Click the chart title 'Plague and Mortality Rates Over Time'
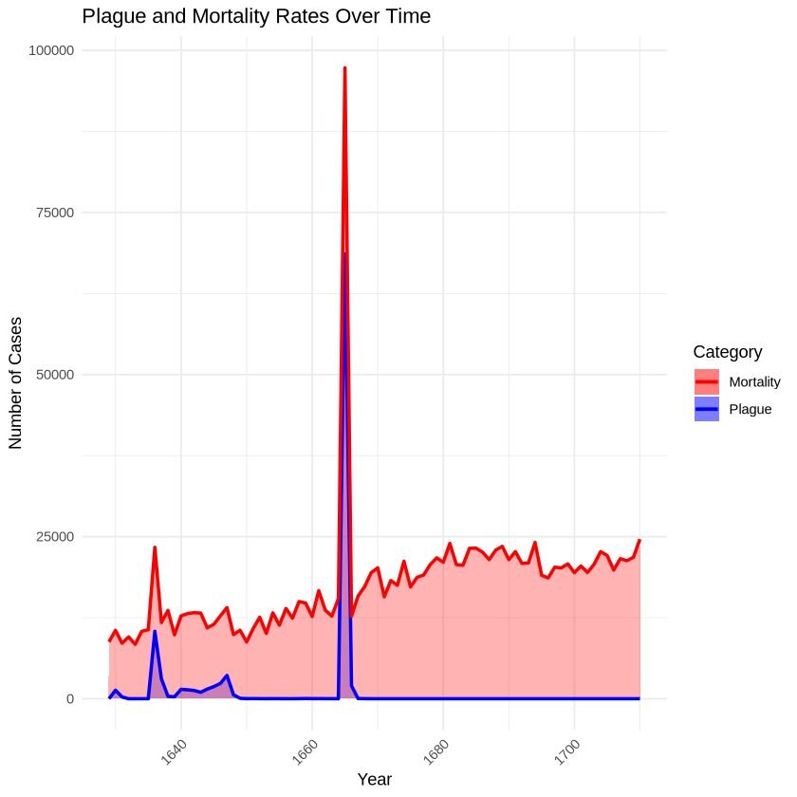coord(256,16)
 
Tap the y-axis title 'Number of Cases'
coord(15,375)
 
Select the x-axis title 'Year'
coord(374,779)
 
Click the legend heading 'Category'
coord(727,352)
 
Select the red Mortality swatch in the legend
coord(707,382)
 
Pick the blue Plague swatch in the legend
coord(707,410)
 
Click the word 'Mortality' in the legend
coord(754,382)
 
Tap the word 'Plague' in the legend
coord(751,410)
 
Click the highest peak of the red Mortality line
coord(344,68)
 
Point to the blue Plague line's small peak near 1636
coord(155,631)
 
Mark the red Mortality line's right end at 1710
coord(639,540)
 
